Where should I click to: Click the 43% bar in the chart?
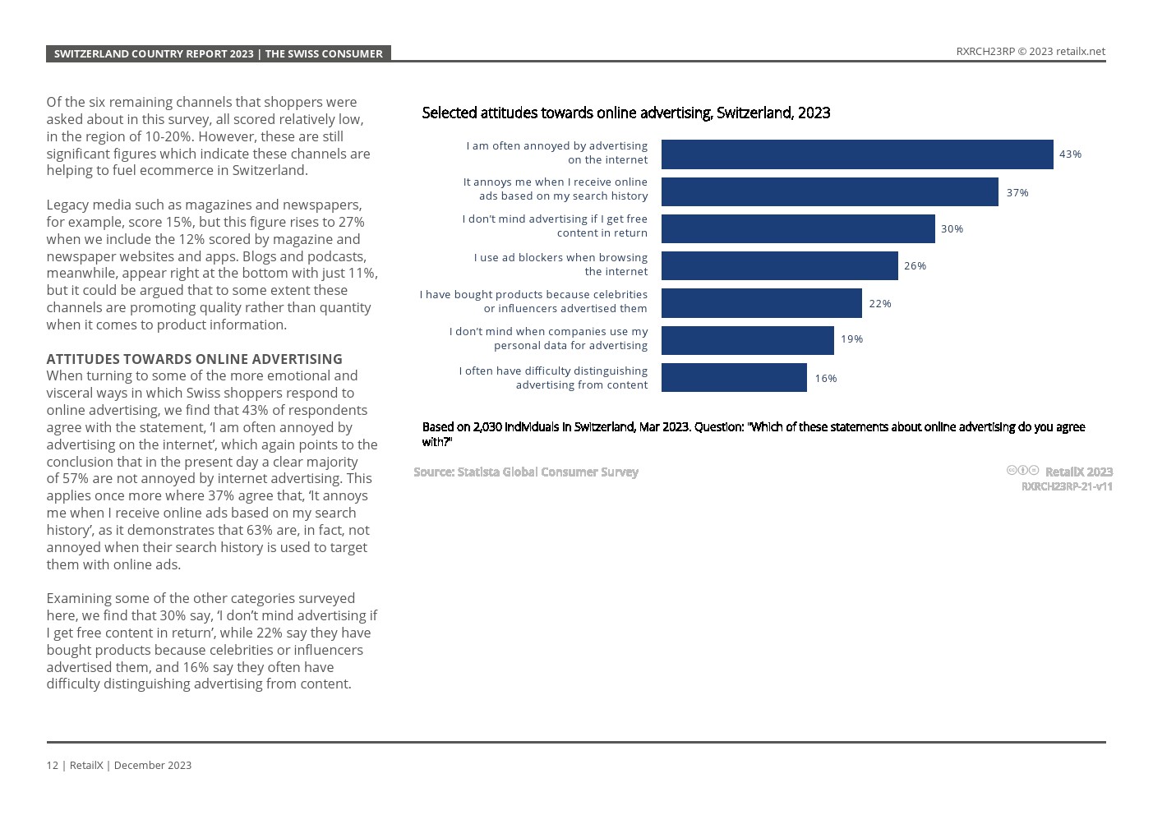click(857, 154)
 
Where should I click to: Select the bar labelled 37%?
click(829, 191)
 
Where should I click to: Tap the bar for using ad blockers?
click(779, 265)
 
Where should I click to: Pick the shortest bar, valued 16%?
click(734, 378)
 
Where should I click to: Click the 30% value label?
click(952, 229)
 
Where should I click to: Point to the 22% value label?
click(879, 303)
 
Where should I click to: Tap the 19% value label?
click(851, 339)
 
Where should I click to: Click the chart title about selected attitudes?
click(625, 113)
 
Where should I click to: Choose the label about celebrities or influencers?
click(533, 302)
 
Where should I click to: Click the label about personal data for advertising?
click(548, 338)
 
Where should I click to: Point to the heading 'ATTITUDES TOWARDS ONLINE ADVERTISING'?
click(194, 359)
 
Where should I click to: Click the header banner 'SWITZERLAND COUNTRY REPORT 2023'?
click(218, 53)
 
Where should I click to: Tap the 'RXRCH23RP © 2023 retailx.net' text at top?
click(1030, 51)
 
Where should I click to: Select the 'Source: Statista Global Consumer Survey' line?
click(525, 472)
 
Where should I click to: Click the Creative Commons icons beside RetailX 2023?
click(1022, 471)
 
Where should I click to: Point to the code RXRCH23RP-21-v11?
click(1066, 486)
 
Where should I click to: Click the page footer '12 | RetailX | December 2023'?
click(118, 765)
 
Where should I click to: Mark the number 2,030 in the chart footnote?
click(487, 427)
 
